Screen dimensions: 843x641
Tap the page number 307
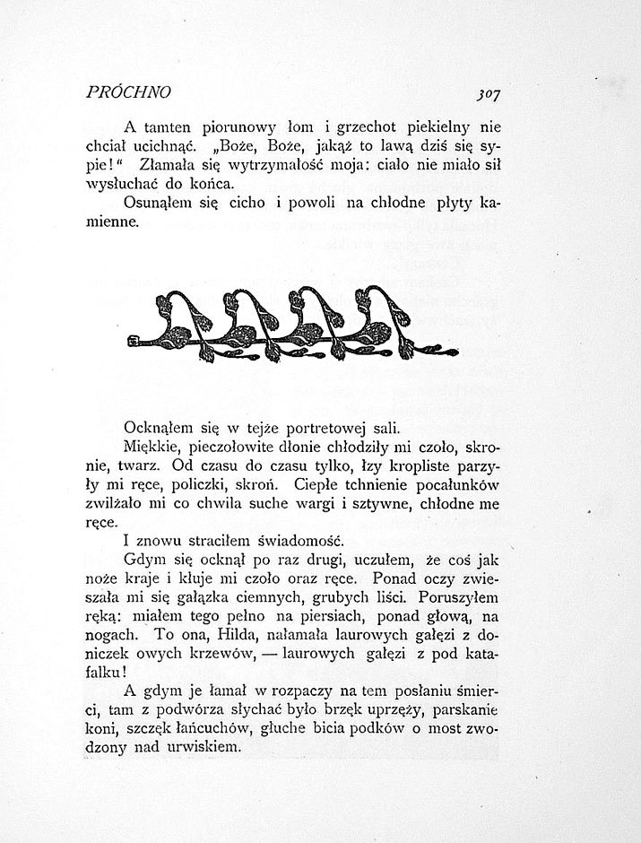pyautogui.click(x=488, y=93)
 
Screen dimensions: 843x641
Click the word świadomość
pyautogui.click(x=287, y=543)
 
